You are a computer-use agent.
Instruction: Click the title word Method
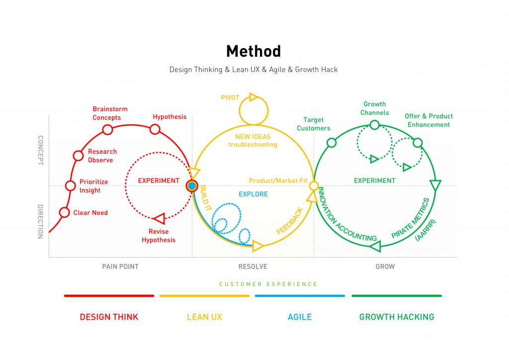pyautogui.click(x=254, y=51)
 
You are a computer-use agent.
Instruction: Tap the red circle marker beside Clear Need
pyautogui.click(x=65, y=212)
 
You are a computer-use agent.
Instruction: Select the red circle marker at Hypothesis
pyautogui.click(x=155, y=129)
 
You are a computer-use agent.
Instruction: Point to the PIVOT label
pyautogui.click(x=230, y=98)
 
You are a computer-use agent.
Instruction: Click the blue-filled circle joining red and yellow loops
pyautogui.click(x=192, y=186)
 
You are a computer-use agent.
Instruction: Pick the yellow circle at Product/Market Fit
pyautogui.click(x=314, y=185)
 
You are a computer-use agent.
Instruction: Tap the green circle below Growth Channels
pyautogui.click(x=375, y=125)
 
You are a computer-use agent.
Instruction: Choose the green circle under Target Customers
pyautogui.click(x=332, y=143)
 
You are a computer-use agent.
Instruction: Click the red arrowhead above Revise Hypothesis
pyautogui.click(x=160, y=218)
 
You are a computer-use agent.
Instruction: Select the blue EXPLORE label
pyautogui.click(x=253, y=194)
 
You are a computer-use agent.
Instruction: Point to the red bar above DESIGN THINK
pyautogui.click(x=109, y=296)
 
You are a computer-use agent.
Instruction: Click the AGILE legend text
pyautogui.click(x=300, y=317)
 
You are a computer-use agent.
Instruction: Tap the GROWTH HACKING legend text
pyautogui.click(x=397, y=317)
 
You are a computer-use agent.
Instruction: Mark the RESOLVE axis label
pyautogui.click(x=253, y=267)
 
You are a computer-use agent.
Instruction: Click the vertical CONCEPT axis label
pyautogui.click(x=41, y=150)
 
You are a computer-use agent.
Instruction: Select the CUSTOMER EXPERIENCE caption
pyautogui.click(x=268, y=284)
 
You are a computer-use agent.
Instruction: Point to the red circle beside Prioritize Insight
pyautogui.click(x=71, y=185)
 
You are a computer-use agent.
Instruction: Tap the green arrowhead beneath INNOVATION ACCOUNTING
pyautogui.click(x=376, y=247)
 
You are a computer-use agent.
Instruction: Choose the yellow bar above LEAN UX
pyautogui.click(x=204, y=296)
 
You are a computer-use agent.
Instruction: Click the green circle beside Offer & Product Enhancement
pyautogui.click(x=418, y=143)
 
